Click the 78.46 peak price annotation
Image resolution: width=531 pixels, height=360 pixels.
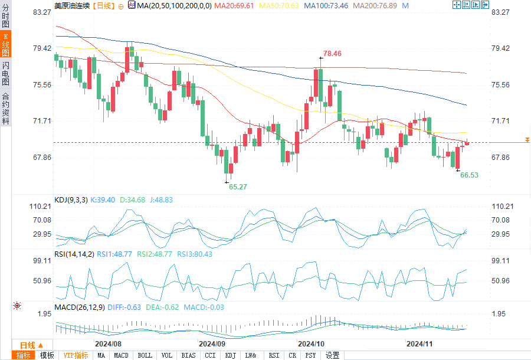[x=332, y=53]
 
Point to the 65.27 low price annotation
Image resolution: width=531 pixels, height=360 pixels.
[x=238, y=186]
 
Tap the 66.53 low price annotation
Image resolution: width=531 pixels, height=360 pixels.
[x=469, y=175]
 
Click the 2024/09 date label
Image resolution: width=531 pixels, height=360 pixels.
[x=212, y=343]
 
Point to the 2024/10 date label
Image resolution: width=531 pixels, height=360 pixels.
[x=312, y=343]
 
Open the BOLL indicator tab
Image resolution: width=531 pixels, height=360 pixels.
[x=145, y=355]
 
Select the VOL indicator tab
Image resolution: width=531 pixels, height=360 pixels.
[x=167, y=355]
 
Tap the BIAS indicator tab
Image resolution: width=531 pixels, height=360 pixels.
[x=189, y=355]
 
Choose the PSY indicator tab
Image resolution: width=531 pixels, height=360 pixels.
[x=311, y=355]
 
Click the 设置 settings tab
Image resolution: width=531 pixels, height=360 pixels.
[x=333, y=355]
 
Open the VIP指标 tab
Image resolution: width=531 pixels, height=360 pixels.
[x=76, y=355]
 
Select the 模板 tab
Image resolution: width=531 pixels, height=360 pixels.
[x=47, y=355]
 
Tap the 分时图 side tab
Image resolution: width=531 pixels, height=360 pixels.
[x=5, y=17]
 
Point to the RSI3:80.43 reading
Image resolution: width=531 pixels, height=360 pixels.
[x=192, y=254]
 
